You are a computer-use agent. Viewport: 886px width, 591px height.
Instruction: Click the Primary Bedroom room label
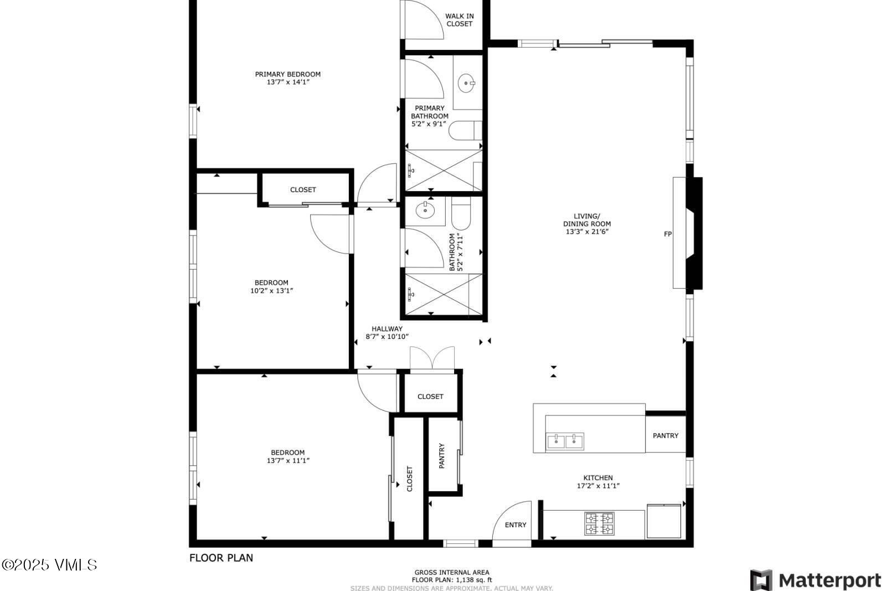[287, 74]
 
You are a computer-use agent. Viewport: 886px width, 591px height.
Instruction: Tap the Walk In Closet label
[459, 20]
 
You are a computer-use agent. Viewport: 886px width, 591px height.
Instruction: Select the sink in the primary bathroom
[467, 84]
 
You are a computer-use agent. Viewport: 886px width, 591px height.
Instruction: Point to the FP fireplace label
[668, 234]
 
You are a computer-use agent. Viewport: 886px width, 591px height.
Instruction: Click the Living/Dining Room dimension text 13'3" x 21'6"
[587, 232]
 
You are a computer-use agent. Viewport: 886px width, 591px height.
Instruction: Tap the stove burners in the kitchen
[599, 524]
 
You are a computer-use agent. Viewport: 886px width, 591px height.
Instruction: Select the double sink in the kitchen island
[565, 441]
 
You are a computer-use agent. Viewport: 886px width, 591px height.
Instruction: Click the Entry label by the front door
[516, 525]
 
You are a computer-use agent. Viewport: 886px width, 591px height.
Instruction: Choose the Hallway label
[387, 328]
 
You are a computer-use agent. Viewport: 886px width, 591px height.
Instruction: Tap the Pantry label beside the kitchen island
[665, 436]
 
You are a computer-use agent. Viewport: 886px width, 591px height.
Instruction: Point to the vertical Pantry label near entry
[442, 456]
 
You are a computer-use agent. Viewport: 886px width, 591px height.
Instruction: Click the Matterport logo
[815, 580]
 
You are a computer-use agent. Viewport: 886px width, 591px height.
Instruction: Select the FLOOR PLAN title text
[221, 558]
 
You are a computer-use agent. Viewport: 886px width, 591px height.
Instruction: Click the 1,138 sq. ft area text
[451, 580]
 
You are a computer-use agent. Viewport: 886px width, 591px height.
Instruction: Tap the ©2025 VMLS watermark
[49, 565]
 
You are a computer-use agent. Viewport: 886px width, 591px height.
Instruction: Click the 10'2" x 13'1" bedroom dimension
[271, 290]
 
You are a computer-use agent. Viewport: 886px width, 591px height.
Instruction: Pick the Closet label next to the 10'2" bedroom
[303, 190]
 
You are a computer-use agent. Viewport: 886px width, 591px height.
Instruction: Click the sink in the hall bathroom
[425, 210]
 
